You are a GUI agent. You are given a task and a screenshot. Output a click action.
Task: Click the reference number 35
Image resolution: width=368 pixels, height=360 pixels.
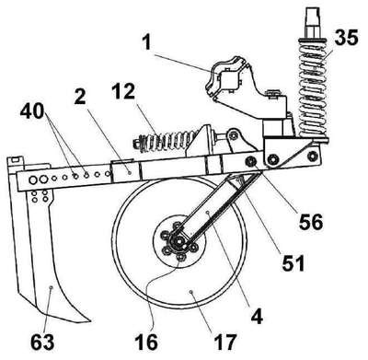(x=346, y=39)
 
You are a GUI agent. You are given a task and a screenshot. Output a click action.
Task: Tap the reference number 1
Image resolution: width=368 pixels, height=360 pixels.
(x=147, y=42)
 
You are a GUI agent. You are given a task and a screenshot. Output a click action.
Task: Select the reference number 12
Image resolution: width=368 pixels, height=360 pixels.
(x=123, y=91)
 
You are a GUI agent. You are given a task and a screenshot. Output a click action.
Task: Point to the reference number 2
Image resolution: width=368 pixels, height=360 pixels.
(x=80, y=97)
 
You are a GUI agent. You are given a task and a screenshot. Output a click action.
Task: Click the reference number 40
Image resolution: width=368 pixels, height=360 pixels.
(x=32, y=111)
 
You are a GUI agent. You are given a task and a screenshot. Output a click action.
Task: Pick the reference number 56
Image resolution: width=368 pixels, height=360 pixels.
(x=311, y=222)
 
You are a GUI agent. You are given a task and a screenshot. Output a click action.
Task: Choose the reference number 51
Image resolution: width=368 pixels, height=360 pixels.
(x=293, y=263)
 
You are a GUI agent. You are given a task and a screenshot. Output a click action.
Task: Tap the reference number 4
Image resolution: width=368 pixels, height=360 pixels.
(x=257, y=317)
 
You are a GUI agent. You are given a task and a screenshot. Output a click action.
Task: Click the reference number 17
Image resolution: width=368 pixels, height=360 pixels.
(x=225, y=342)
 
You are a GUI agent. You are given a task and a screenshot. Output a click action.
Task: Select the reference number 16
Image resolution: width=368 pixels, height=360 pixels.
(x=147, y=342)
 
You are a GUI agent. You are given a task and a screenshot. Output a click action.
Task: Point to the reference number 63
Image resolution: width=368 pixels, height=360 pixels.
(x=42, y=342)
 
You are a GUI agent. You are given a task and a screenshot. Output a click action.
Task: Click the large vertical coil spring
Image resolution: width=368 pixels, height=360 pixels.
(x=313, y=89)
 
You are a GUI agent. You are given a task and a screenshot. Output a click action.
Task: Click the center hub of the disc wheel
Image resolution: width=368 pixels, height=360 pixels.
(x=178, y=241)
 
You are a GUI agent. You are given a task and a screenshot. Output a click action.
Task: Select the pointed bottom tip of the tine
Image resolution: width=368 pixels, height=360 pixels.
(x=89, y=321)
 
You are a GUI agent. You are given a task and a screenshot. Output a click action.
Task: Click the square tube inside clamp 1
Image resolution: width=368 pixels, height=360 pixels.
(x=229, y=79)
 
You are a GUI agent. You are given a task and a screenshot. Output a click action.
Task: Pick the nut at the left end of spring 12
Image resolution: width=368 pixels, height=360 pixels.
(x=136, y=143)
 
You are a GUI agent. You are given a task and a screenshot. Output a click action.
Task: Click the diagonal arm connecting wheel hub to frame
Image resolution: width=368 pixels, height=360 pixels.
(x=209, y=209)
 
